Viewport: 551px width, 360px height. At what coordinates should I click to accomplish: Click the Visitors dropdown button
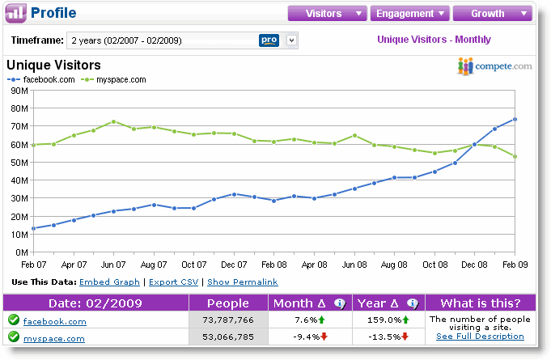327,13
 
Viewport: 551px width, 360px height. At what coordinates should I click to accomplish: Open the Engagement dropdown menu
409,13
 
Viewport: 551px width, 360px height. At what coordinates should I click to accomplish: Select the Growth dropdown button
492,13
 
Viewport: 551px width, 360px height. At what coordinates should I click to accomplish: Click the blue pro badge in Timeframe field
269,40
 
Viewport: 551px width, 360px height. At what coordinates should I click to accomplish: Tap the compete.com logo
494,66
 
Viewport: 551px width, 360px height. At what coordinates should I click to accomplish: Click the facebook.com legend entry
41,80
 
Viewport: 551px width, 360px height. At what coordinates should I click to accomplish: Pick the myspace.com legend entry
113,80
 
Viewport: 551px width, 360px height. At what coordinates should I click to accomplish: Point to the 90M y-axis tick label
19,91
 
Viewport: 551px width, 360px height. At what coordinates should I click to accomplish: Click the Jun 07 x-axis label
113,265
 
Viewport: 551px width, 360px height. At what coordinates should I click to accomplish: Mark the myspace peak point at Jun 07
113,121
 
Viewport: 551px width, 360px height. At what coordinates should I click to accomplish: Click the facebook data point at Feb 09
515,120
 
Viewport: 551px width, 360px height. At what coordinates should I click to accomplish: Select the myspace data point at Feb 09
515,157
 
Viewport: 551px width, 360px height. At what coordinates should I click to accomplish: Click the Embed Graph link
110,282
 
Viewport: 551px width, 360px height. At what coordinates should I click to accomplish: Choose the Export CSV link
174,282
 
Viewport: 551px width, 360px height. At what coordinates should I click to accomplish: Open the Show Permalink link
243,282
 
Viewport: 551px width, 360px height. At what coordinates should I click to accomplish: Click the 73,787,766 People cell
228,320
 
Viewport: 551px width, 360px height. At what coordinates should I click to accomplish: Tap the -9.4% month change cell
310,337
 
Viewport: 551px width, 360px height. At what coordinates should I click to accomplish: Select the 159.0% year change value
384,320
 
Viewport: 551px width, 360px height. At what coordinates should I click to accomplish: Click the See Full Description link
480,337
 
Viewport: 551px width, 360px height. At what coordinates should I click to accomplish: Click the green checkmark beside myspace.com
14,337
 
